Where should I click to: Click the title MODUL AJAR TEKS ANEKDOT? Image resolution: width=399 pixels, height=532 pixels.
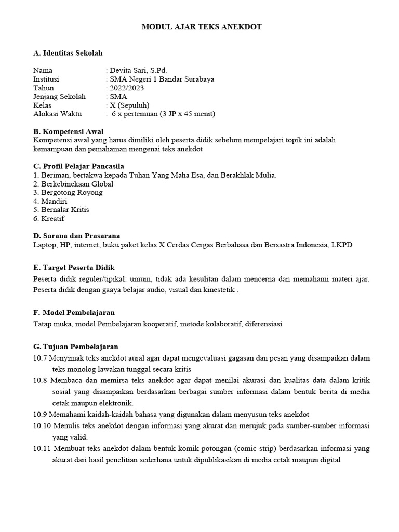coord(202,26)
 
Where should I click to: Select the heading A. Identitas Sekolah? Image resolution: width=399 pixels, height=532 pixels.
coord(68,53)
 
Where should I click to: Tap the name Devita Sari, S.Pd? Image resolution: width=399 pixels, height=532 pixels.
coord(138,70)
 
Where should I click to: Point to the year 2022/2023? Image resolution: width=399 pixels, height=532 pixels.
coord(126,88)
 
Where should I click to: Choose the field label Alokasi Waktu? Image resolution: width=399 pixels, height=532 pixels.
coord(58,114)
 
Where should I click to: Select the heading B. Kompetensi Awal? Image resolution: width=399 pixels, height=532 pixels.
coord(68,131)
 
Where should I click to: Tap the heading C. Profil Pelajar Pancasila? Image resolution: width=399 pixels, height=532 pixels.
coord(78,166)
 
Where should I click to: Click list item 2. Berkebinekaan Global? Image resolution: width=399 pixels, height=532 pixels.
coord(73,184)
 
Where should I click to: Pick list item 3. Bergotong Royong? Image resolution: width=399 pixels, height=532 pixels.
coord(68,192)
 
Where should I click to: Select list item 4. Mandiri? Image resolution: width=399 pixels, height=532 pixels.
coord(50,201)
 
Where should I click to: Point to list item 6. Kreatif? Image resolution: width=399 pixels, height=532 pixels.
coord(49,219)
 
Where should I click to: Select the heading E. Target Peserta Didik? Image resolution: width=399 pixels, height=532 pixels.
coord(74,267)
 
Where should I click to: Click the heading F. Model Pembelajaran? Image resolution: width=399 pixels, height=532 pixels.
coord(74,312)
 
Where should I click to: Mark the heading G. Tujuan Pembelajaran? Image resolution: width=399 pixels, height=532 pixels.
coord(75,347)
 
